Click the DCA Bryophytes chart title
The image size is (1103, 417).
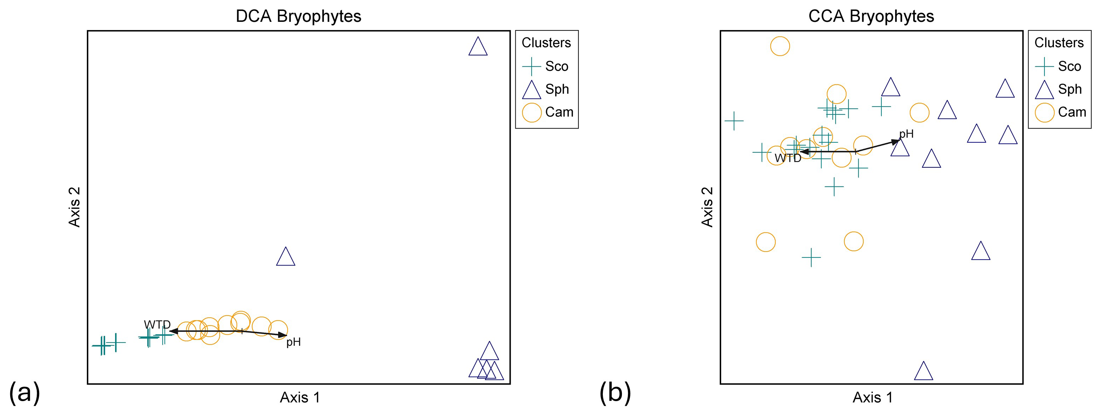click(x=299, y=16)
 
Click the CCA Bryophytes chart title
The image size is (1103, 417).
click(x=871, y=16)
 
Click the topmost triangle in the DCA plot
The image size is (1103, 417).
click(x=478, y=47)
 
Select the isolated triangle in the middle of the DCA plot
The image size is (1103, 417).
click(x=286, y=258)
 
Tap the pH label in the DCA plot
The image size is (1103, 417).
click(x=293, y=342)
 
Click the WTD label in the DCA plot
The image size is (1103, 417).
click(x=157, y=325)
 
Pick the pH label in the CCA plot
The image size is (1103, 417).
click(x=906, y=134)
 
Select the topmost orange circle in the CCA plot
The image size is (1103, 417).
click(x=780, y=46)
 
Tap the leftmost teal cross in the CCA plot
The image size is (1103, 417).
click(x=734, y=121)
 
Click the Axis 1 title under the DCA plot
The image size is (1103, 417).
click(x=300, y=398)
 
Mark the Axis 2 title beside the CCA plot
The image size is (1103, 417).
click(x=707, y=207)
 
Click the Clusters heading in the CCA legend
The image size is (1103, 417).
click(x=1059, y=43)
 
